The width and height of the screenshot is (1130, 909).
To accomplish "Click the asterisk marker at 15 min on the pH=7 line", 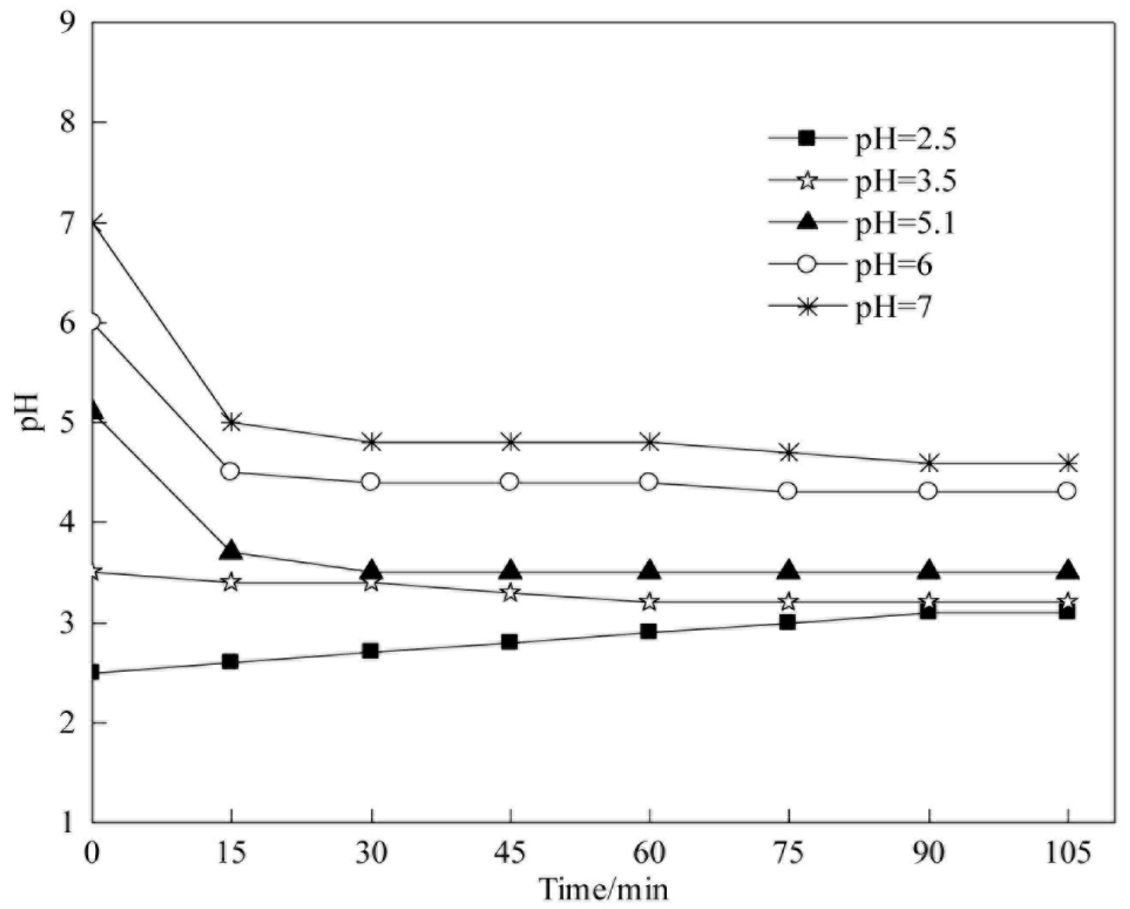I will (x=231, y=422).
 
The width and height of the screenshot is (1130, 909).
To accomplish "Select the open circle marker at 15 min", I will (x=231, y=472).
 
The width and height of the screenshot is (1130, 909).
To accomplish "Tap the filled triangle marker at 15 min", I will (x=231, y=551).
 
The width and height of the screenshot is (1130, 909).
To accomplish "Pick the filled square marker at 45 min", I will (x=509, y=642).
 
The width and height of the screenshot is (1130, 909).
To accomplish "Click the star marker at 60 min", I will (x=649, y=601).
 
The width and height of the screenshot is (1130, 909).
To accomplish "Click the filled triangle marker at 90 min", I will (x=928, y=570).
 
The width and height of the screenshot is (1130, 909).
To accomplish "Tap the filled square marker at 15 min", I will (x=231, y=662).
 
